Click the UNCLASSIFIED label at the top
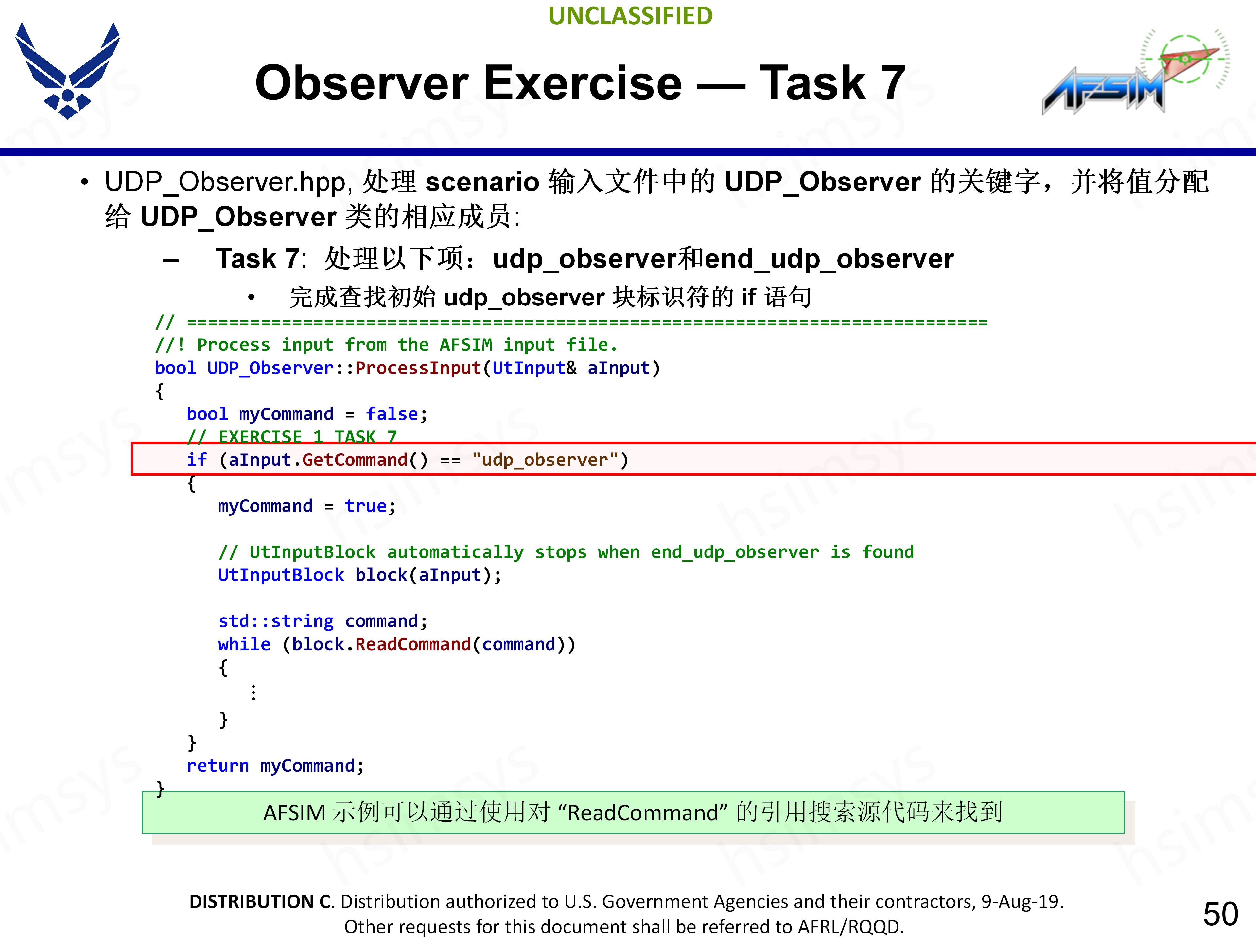[630, 16]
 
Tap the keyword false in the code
[392, 414]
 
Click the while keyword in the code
[244, 644]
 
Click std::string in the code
[276, 621]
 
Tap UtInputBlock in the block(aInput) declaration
[281, 575]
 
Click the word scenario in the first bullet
[482, 182]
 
